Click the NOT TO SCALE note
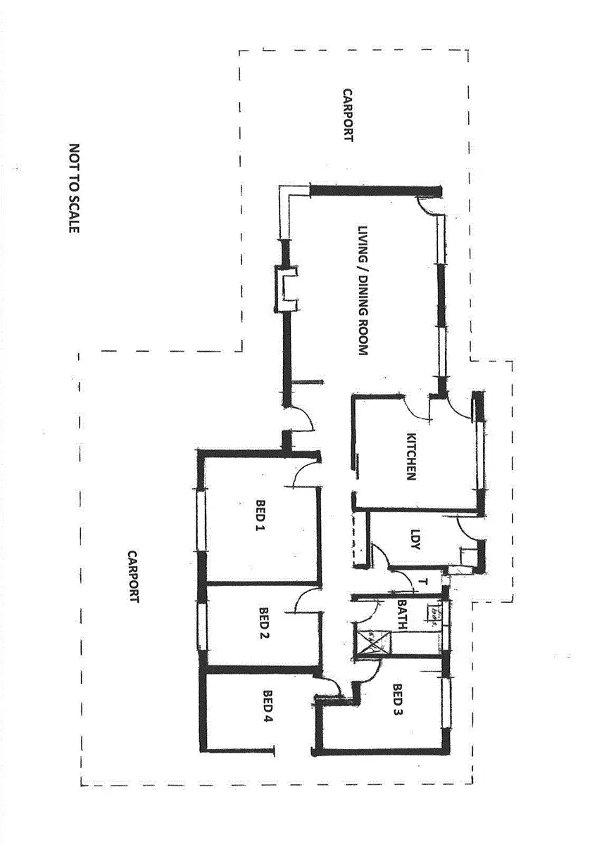click(75, 188)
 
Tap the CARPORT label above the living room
click(347, 115)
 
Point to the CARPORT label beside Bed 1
click(133, 577)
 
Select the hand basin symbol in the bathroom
click(436, 615)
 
